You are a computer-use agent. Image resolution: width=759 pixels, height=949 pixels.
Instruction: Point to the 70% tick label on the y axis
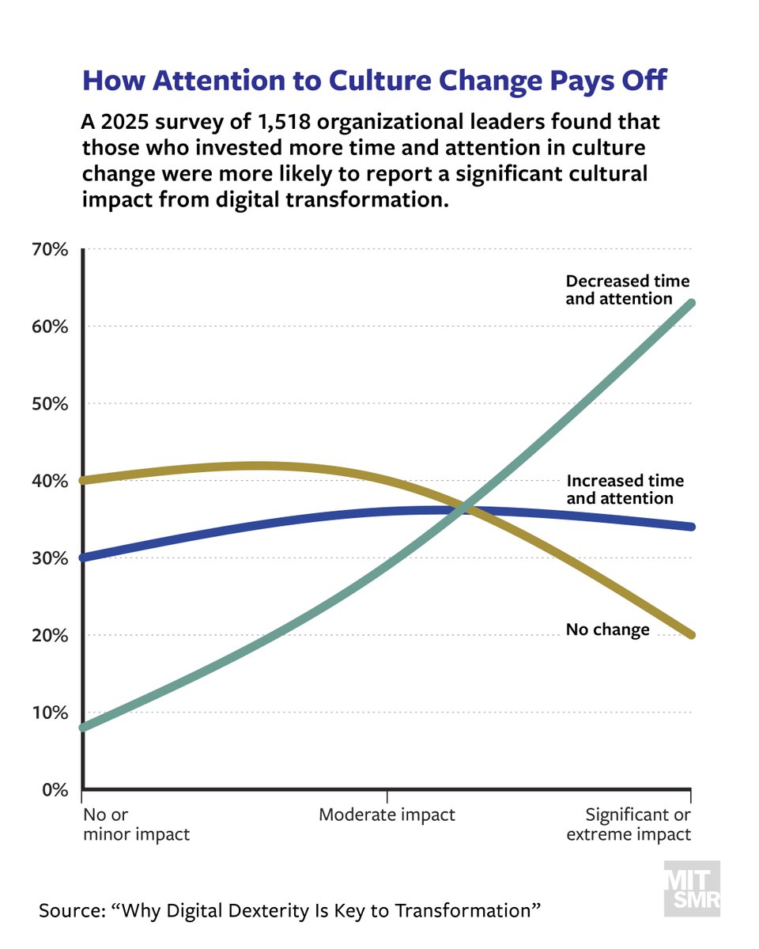pyautogui.click(x=51, y=250)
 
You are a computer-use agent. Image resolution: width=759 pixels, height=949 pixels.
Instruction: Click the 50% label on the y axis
pyautogui.click(x=51, y=404)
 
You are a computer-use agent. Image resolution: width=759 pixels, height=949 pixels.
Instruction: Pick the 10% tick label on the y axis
pyautogui.click(x=51, y=713)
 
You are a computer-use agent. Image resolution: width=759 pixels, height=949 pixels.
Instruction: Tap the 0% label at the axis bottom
pyautogui.click(x=55, y=789)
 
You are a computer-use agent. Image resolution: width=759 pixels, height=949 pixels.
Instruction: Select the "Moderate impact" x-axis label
pyautogui.click(x=387, y=815)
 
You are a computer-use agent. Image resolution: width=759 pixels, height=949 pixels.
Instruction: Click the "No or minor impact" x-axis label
pyautogui.click(x=135, y=824)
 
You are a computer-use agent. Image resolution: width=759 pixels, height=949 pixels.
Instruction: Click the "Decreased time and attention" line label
pyautogui.click(x=627, y=289)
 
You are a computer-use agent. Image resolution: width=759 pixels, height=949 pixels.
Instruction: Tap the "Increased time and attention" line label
pyautogui.click(x=625, y=490)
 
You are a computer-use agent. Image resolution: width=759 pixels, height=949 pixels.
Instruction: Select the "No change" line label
pyautogui.click(x=607, y=630)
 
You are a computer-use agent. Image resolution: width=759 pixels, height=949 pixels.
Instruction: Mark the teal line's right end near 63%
pyautogui.click(x=690, y=304)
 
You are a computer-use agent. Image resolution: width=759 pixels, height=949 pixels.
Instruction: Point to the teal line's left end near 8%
pyautogui.click(x=85, y=727)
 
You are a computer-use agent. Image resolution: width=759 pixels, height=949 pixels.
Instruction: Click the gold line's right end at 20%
pyautogui.click(x=690, y=634)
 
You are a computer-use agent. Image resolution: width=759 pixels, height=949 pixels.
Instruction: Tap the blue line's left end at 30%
pyautogui.click(x=85, y=558)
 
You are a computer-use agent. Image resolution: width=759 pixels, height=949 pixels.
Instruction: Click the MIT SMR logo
pyautogui.click(x=691, y=888)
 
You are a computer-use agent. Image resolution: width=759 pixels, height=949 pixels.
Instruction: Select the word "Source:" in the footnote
pyautogui.click(x=72, y=910)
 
